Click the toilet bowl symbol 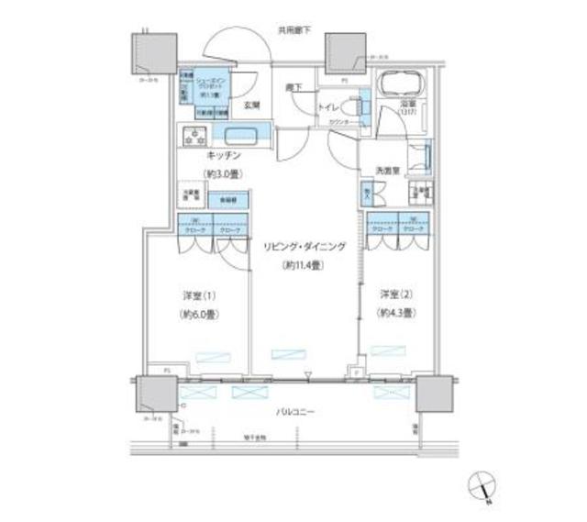(x=360, y=107)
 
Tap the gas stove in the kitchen (x=194, y=139)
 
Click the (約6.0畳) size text (x=199, y=314)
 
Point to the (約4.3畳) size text (x=396, y=313)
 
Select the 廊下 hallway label (x=293, y=87)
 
